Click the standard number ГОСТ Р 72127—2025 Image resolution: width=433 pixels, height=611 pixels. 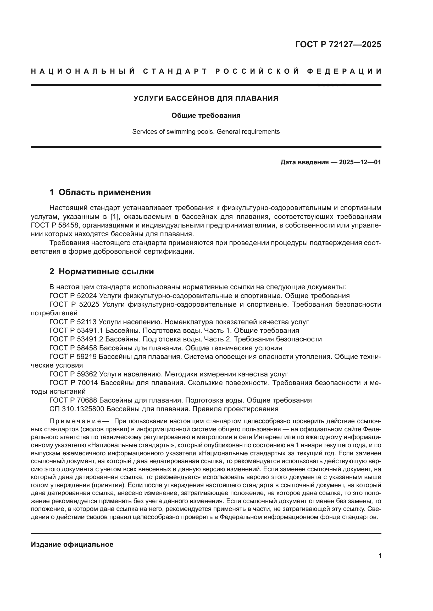click(x=338, y=44)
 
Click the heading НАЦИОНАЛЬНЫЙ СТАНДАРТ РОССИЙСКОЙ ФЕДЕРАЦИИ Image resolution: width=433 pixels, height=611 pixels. click(x=206, y=71)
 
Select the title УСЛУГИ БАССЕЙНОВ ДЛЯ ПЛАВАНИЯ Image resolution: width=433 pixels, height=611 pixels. click(x=206, y=98)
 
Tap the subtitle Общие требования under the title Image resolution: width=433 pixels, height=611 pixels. click(x=206, y=115)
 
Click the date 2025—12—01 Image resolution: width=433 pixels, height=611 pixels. click(x=360, y=162)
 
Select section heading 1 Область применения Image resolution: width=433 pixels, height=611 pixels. click(x=100, y=192)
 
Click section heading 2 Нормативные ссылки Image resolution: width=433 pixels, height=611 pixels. click(x=102, y=271)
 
